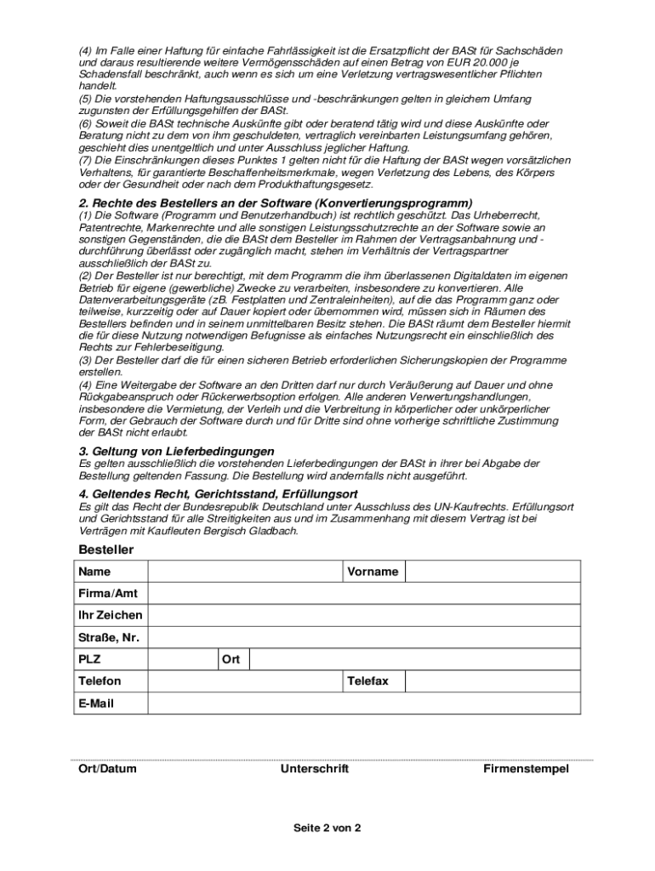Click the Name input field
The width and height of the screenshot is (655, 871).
point(245,572)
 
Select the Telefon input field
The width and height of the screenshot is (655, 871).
point(245,681)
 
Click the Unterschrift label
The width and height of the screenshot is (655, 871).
point(315,769)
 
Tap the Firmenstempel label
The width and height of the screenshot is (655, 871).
point(526,769)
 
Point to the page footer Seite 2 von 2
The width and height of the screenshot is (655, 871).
point(327,828)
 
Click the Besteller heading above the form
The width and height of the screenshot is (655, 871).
point(106,549)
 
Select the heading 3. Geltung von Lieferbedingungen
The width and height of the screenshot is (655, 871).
point(176,451)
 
